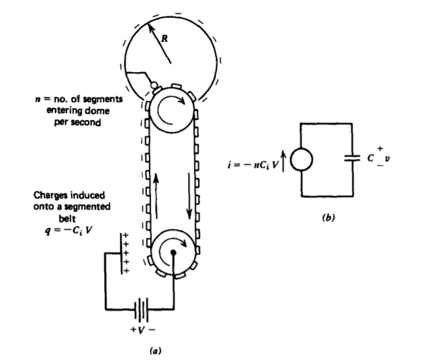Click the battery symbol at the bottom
[x=139, y=306]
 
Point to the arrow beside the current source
[x=281, y=159]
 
